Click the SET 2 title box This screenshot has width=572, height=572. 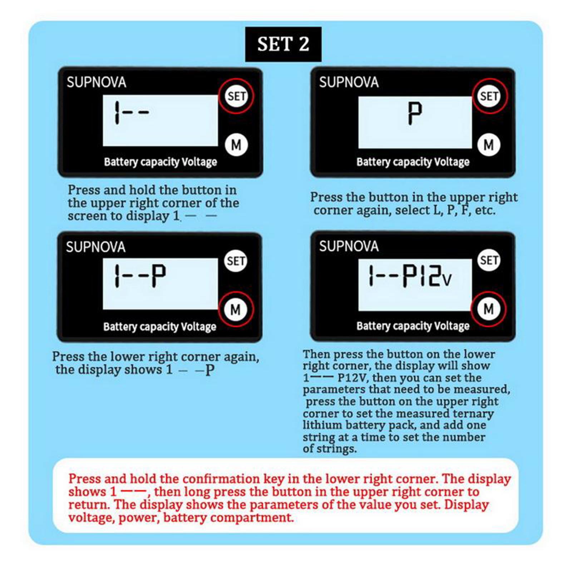coord(283,44)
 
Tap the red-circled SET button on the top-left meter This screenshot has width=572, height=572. coord(236,96)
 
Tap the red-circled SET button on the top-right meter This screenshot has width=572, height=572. coord(489,96)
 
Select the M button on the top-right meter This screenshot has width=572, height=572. coord(489,145)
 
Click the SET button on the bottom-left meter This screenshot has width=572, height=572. coord(236,261)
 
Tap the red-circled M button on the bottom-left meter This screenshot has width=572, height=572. coord(236,310)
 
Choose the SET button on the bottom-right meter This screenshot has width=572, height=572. coord(489,260)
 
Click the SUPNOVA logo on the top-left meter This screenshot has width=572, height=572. coord(97,82)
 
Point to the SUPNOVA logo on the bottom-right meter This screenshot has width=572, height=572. coord(349,246)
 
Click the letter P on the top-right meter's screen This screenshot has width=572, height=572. coord(415,113)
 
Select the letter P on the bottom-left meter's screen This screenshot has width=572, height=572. coord(158,276)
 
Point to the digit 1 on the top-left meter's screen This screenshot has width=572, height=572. coord(117,113)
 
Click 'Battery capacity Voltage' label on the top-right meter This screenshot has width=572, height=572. coord(413,162)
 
